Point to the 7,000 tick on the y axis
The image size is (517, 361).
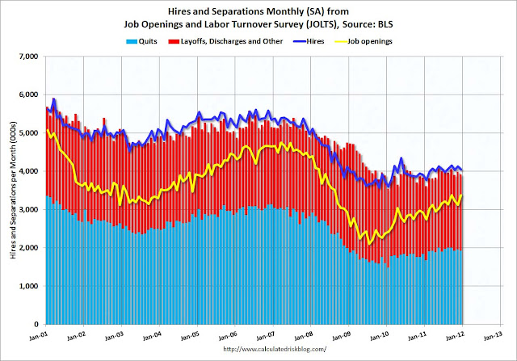(30, 57)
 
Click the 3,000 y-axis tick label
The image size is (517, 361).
(30, 210)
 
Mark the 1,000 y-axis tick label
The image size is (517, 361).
(30, 286)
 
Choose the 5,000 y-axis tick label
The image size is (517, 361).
(30, 133)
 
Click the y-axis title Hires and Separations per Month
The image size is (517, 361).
(11, 190)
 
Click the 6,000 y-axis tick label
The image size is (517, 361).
(30, 95)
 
